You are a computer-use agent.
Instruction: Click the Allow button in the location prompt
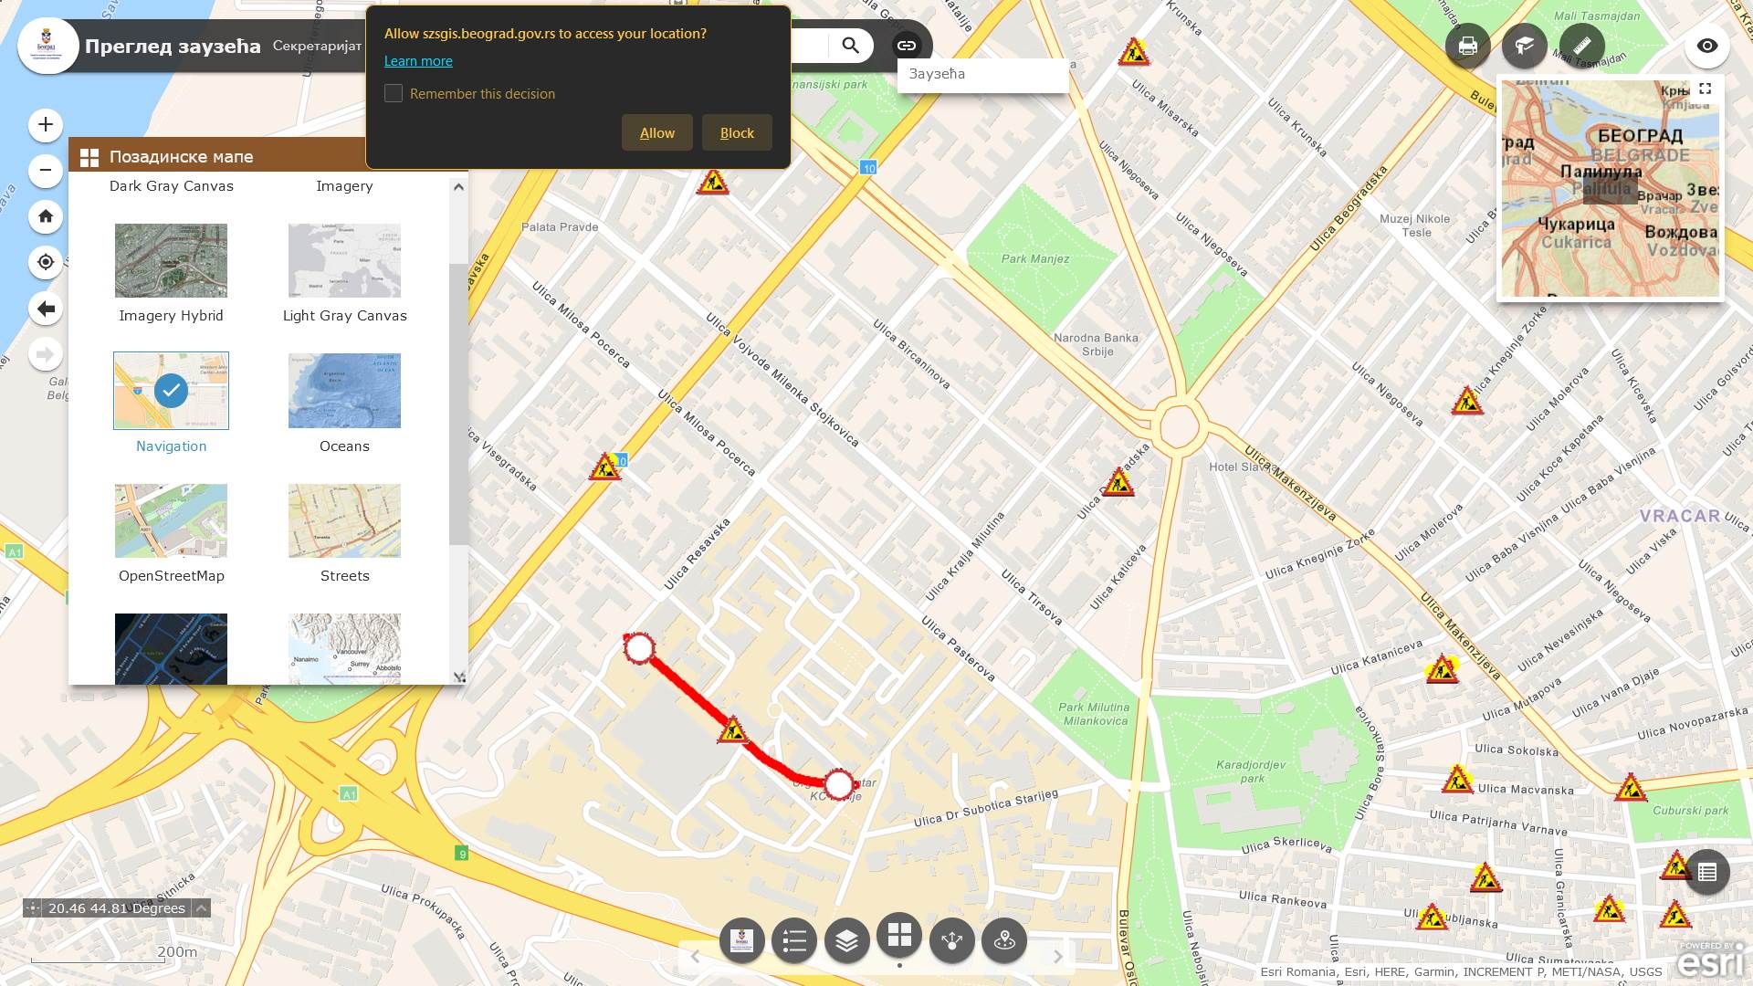pos(656,133)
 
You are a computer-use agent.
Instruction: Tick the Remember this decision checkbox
pos(394,93)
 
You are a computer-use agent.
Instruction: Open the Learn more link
pos(418,61)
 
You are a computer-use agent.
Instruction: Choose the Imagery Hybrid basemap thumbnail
pos(171,261)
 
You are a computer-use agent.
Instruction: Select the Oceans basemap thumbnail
pos(344,391)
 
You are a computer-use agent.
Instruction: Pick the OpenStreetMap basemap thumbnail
pos(171,520)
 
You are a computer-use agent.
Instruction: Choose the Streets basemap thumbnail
pos(344,520)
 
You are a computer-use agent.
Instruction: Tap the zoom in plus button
pos(46,125)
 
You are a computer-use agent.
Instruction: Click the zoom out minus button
pos(46,171)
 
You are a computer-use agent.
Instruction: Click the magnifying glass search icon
pos(850,46)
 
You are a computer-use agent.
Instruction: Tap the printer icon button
pos(1467,46)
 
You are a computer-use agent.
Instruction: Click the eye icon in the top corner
pos(1706,46)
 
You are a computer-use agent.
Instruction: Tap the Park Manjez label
pos(1034,259)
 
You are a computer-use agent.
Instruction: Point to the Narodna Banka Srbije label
pos(1096,344)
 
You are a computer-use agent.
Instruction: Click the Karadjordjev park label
pos(1251,771)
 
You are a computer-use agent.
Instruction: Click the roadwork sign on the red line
pos(732,730)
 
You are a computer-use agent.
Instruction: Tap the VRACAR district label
pos(1679,516)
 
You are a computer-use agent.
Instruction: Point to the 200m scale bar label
pos(177,952)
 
